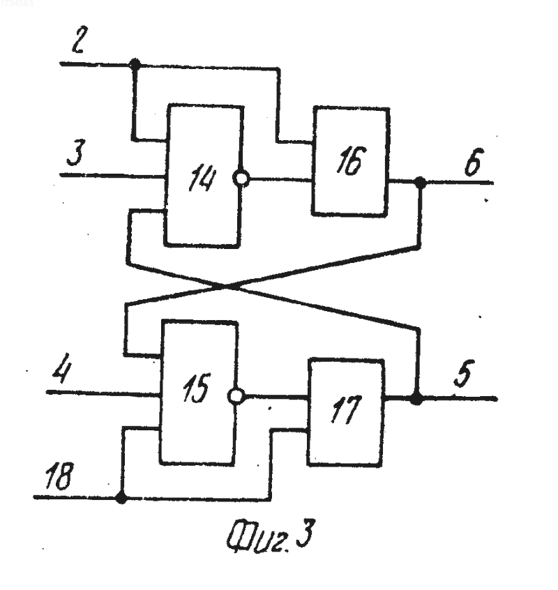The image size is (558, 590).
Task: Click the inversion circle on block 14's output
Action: click(x=241, y=179)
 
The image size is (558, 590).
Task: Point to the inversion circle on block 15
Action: click(x=236, y=396)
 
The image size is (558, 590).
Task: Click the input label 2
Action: click(x=78, y=39)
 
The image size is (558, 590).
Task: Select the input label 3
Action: click(x=77, y=153)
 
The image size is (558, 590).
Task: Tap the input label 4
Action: click(x=62, y=368)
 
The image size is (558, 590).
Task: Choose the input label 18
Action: click(x=59, y=476)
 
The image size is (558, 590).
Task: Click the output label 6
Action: click(x=473, y=162)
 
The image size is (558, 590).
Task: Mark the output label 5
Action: click(x=464, y=373)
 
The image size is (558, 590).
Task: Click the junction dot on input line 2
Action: click(x=135, y=64)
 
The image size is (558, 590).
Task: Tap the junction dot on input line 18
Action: click(x=121, y=498)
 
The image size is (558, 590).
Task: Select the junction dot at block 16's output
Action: click(x=420, y=183)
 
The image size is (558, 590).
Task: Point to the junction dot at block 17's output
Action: click(x=416, y=398)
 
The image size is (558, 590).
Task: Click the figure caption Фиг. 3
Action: click(x=270, y=536)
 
